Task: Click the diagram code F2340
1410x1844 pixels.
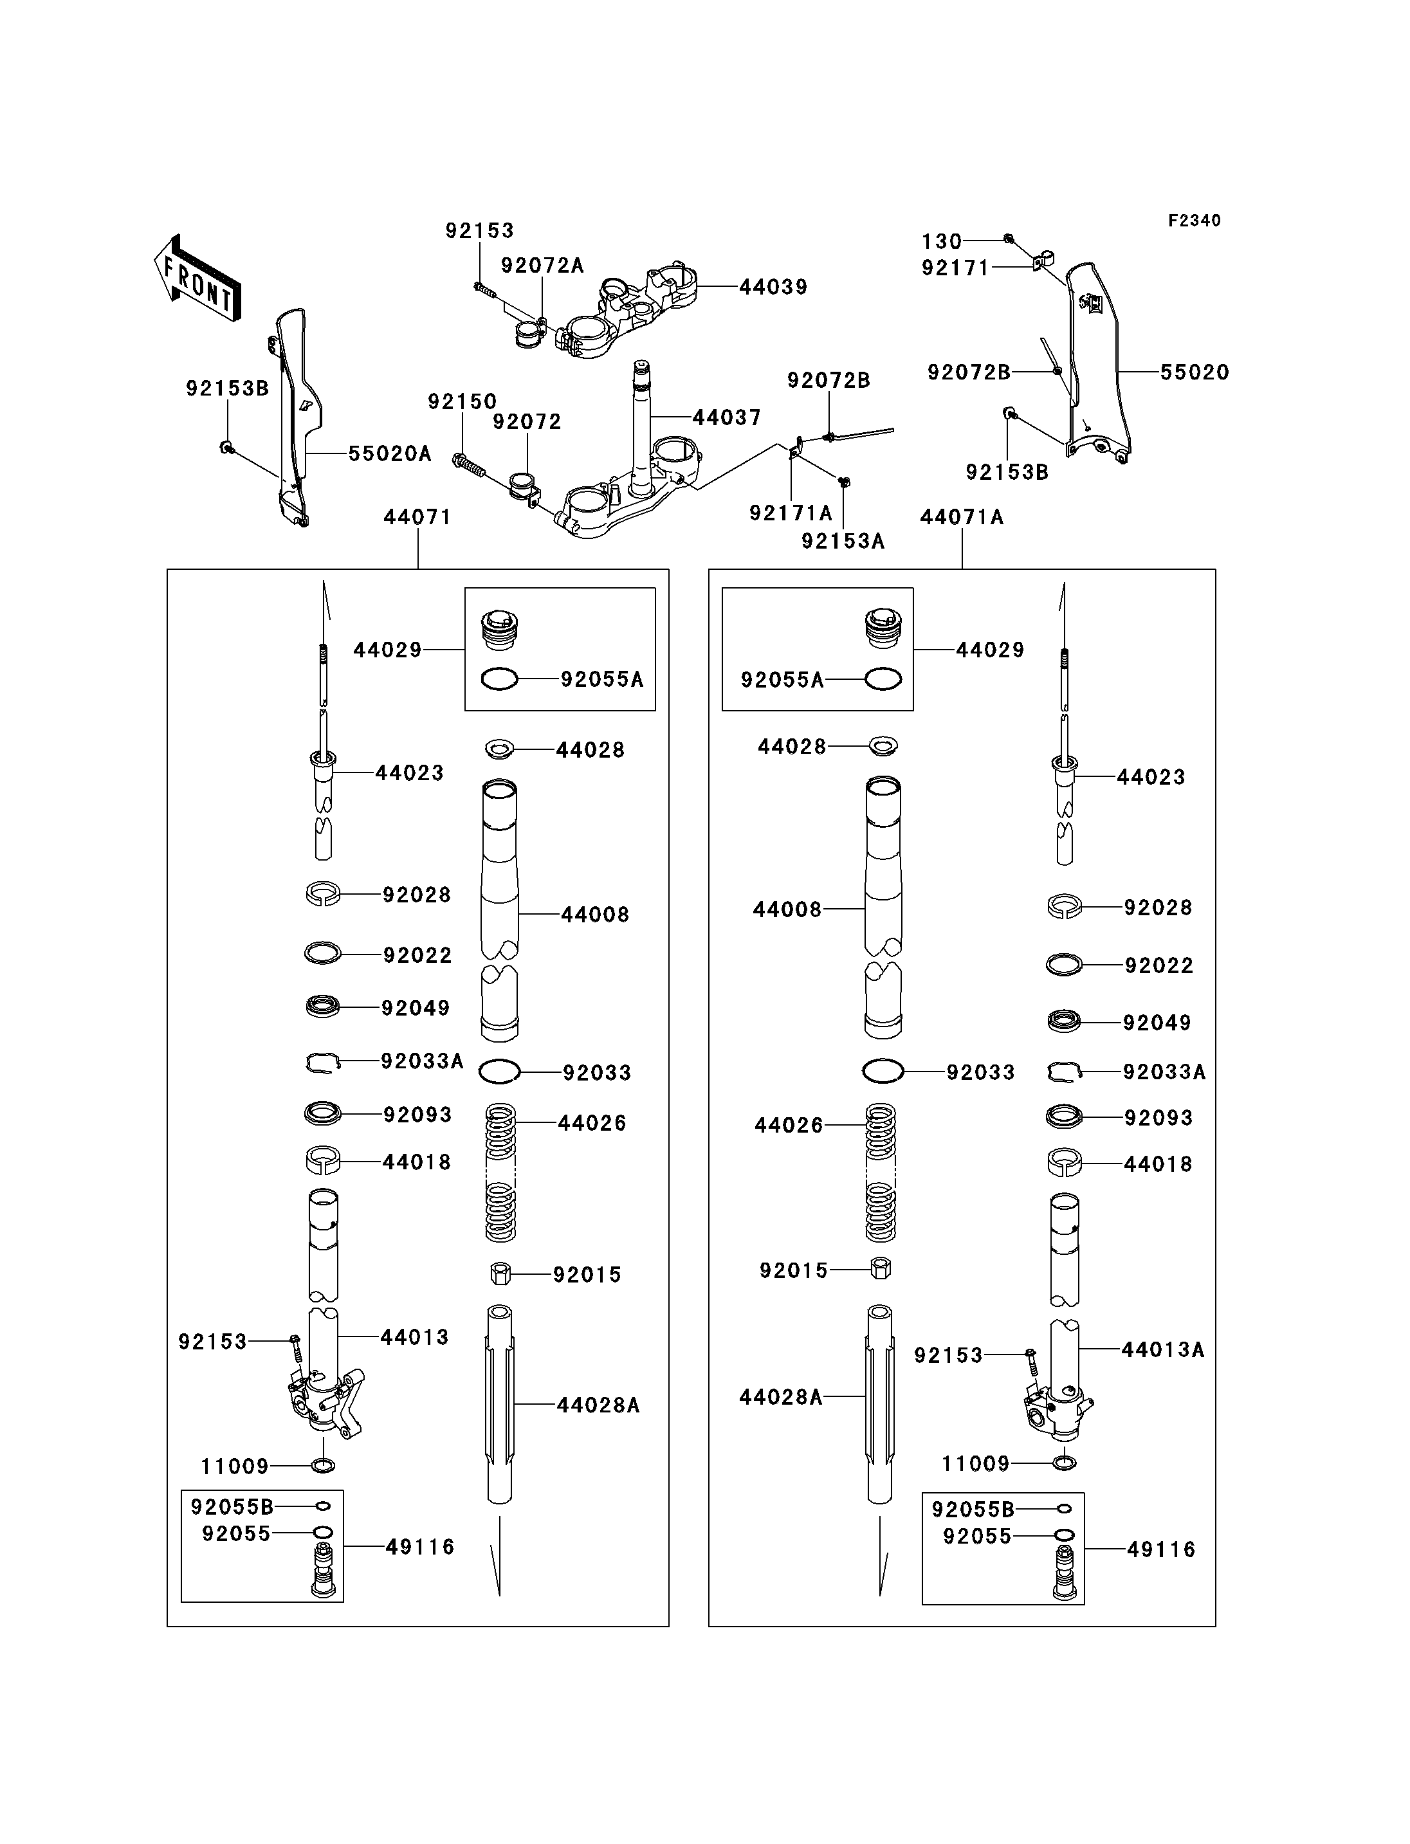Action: (1195, 221)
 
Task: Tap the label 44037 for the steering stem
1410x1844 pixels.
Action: (727, 417)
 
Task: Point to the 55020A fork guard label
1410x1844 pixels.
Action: (389, 454)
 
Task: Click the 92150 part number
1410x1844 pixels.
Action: (462, 402)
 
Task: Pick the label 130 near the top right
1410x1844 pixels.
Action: (942, 242)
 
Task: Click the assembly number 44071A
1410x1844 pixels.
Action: (962, 517)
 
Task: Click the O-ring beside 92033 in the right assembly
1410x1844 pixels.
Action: (883, 1071)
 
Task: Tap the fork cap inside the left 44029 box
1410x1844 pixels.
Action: (499, 630)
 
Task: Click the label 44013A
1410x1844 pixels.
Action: (1162, 1349)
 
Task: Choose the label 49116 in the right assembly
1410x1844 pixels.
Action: (1160, 1549)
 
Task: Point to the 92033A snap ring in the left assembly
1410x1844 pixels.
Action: (322, 1063)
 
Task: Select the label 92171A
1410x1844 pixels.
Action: (791, 513)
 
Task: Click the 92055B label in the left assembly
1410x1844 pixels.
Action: (232, 1506)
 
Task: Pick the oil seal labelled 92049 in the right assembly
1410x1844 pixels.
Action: (1064, 1021)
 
